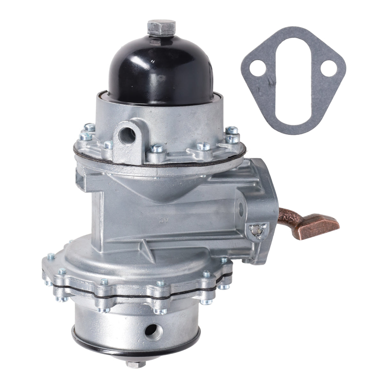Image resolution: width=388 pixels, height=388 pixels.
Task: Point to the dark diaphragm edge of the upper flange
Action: point(160,161)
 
